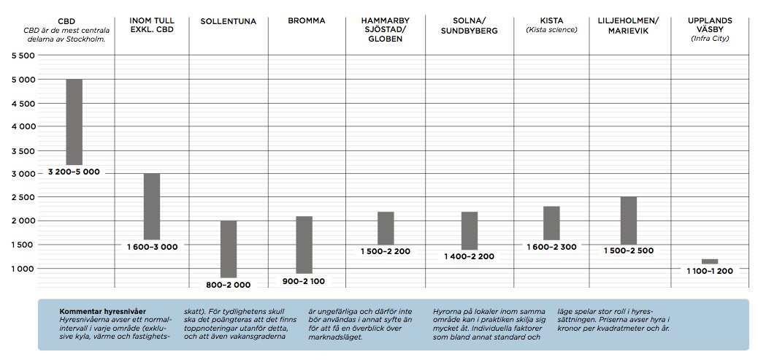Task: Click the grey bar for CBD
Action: [74, 121]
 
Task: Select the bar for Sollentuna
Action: [229, 248]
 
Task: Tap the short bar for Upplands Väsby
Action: [709, 261]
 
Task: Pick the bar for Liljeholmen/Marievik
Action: [629, 220]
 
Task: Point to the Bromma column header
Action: [307, 21]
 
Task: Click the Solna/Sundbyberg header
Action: [469, 26]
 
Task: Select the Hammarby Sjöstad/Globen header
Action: [385, 30]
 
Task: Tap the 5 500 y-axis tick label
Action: [22, 56]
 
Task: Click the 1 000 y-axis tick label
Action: [22, 269]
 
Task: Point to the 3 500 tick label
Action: [22, 151]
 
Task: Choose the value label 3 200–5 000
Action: [74, 172]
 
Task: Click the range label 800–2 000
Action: [228, 285]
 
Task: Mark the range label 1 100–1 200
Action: [709, 271]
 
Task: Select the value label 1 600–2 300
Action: [551, 247]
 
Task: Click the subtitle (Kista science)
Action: [551, 29]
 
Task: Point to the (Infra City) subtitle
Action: [709, 38]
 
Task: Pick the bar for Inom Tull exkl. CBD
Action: [152, 206]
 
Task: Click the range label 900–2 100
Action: [305, 281]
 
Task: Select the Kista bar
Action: [551, 223]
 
